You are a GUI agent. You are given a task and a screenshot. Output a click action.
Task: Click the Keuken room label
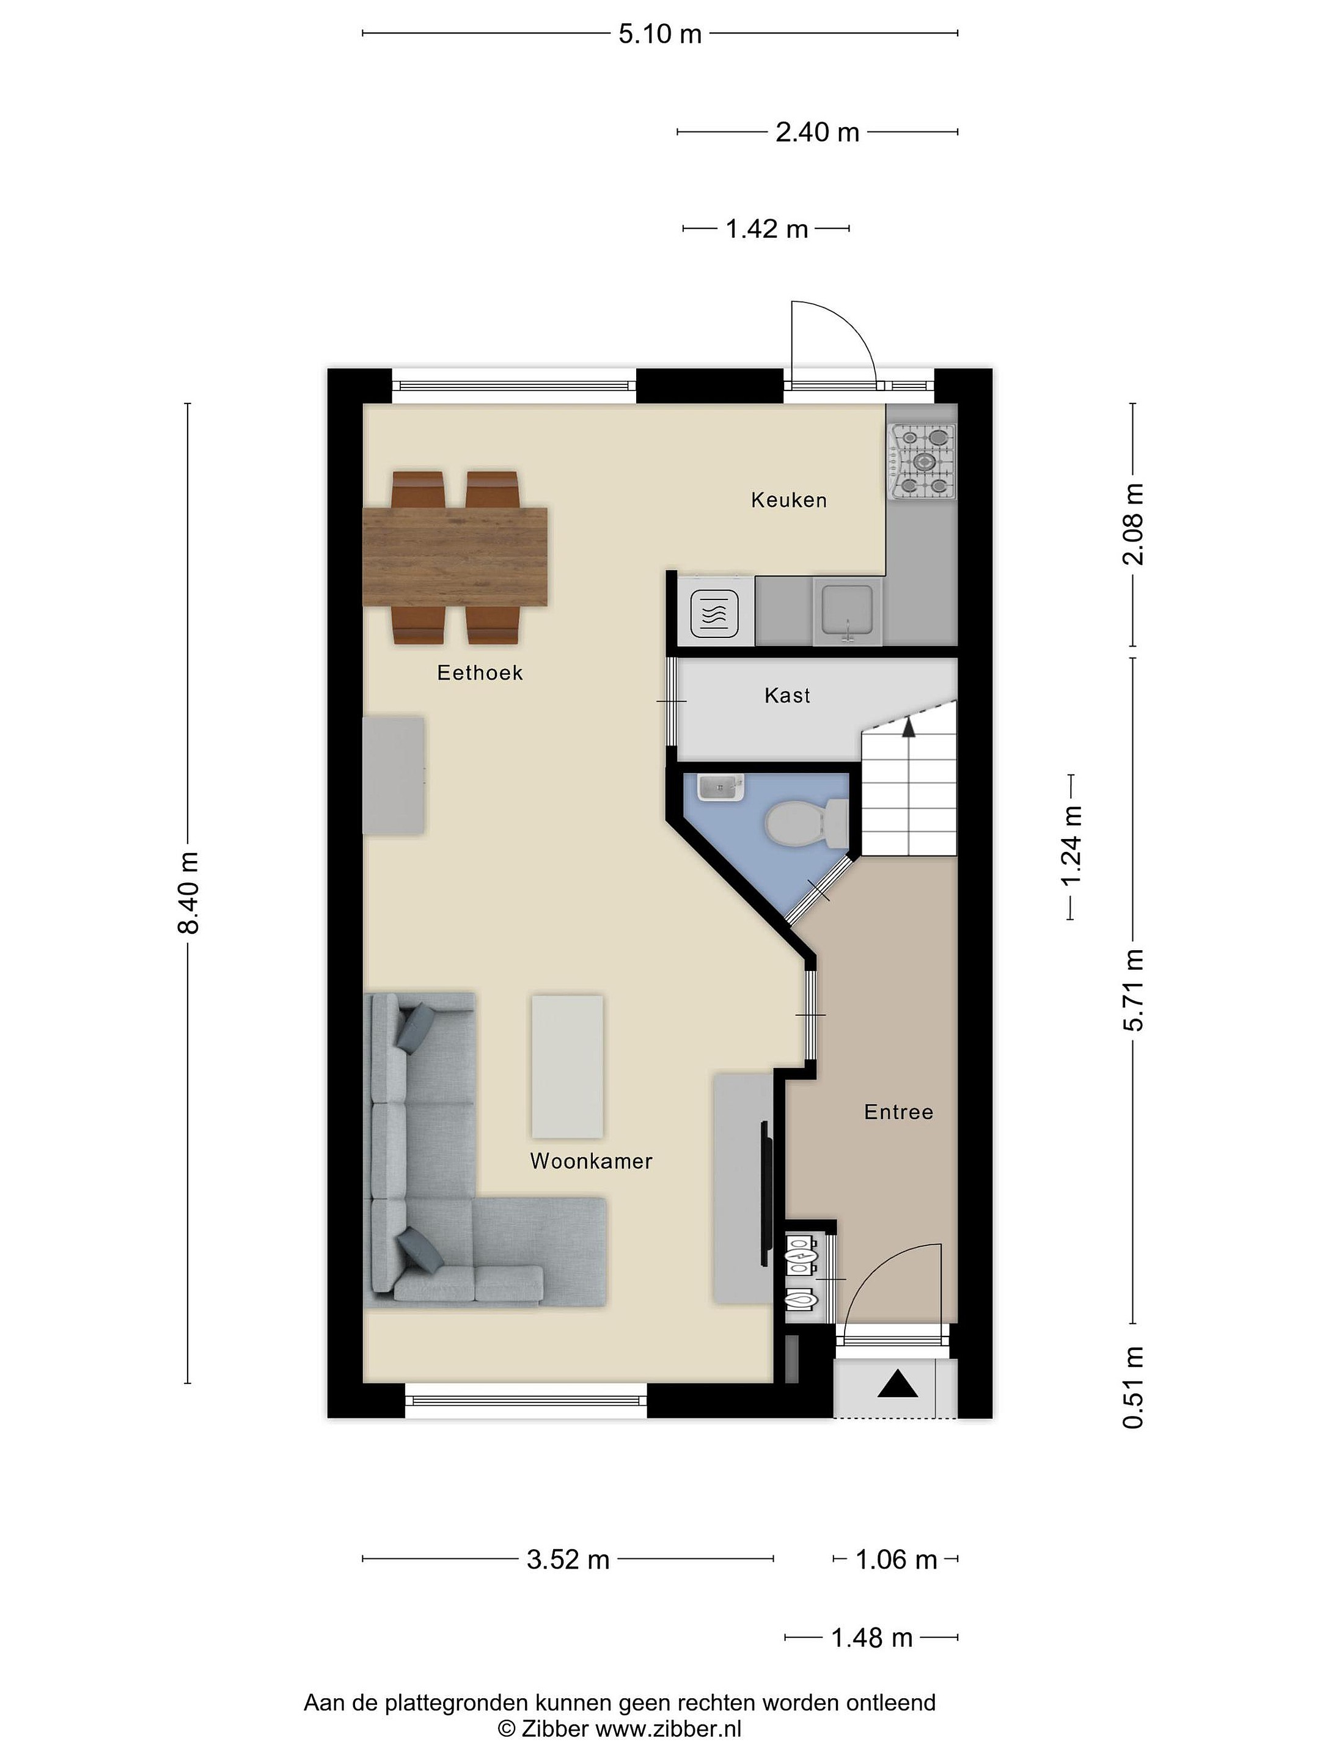[x=788, y=500]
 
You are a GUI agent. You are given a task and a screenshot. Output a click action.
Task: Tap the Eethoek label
[x=480, y=672]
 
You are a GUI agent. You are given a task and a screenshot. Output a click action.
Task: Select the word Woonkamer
[x=591, y=1161]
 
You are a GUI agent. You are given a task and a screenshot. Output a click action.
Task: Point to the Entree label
[x=898, y=1112]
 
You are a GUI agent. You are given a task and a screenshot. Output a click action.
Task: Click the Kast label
[x=787, y=695]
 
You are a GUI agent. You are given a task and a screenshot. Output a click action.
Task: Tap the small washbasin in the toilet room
[x=721, y=788]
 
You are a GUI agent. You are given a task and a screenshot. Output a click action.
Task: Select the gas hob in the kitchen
[x=923, y=461]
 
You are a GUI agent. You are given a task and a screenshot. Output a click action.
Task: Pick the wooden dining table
[x=455, y=556]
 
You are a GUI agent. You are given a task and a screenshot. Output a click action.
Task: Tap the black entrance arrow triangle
[x=898, y=1384]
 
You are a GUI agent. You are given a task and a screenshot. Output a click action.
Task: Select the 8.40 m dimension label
[x=189, y=892]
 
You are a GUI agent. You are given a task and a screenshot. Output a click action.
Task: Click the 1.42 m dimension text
[x=766, y=229]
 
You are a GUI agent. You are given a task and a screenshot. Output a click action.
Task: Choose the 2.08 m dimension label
[x=1133, y=524]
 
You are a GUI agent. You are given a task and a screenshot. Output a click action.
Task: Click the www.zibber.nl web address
[x=669, y=1728]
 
